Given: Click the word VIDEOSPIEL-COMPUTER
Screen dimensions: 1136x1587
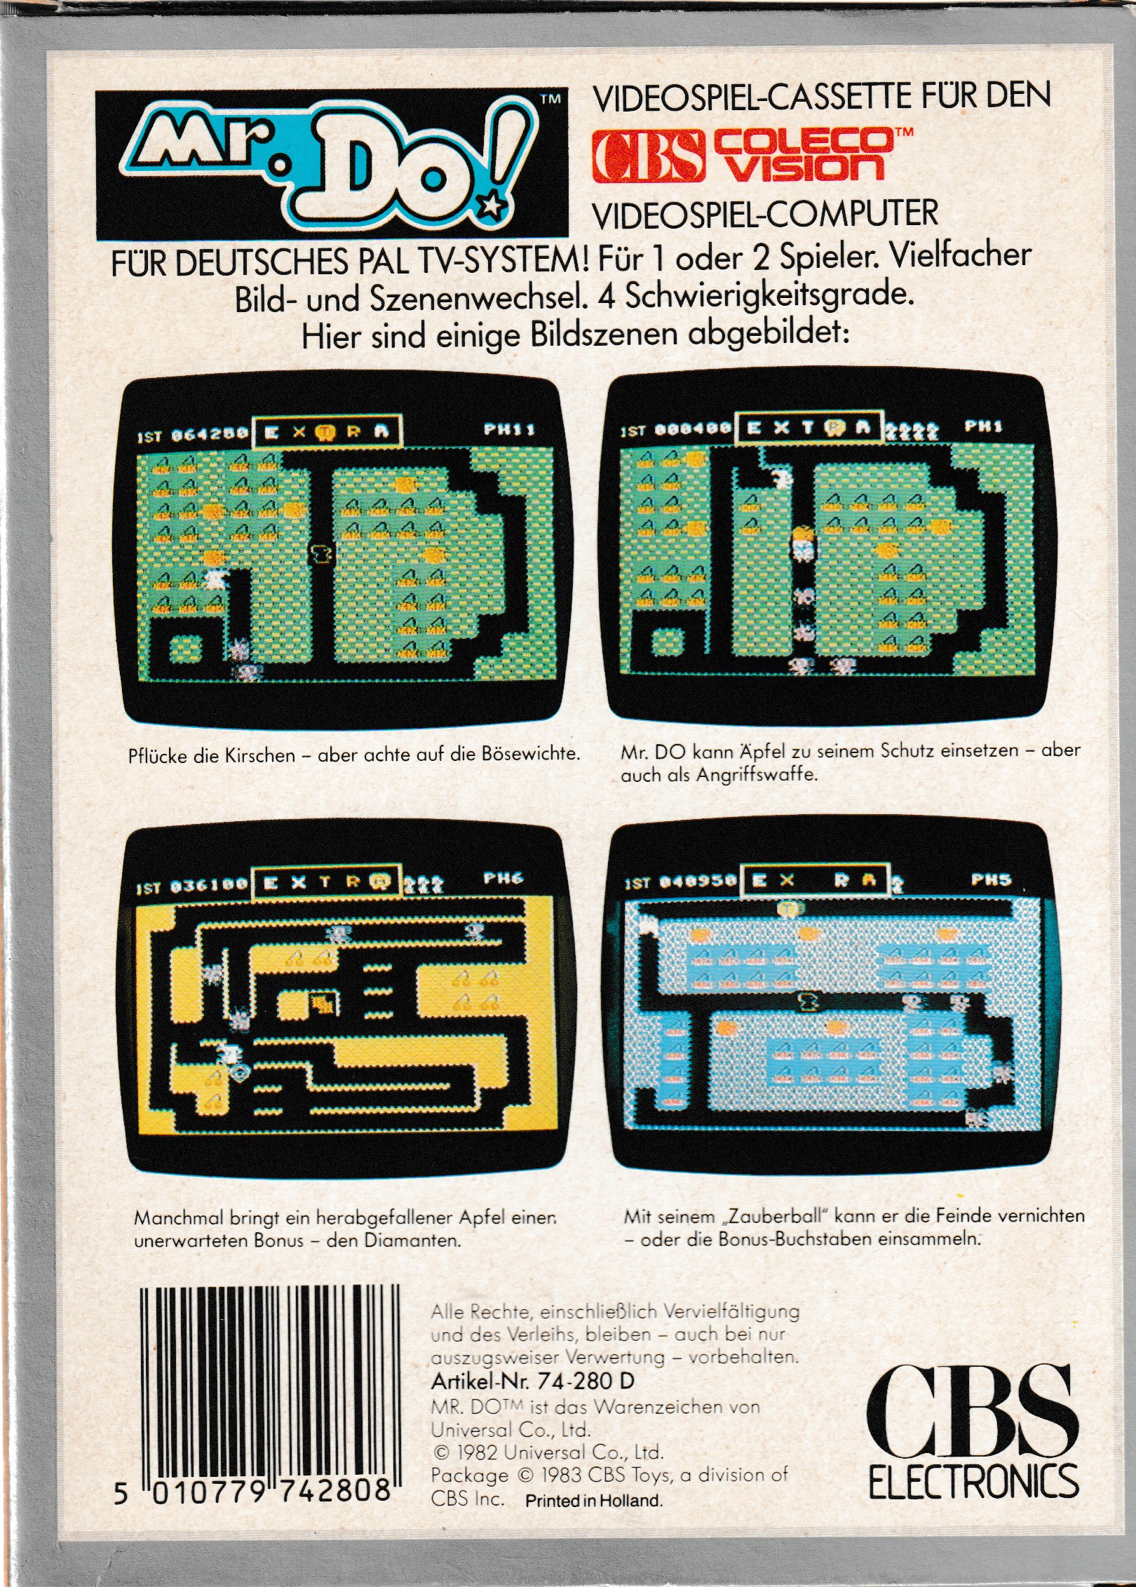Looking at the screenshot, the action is point(765,214).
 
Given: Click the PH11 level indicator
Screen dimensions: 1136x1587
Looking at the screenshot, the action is point(510,428).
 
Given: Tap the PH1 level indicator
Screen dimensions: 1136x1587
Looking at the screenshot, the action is point(984,426).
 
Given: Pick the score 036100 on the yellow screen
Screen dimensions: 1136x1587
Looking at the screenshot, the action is point(208,886).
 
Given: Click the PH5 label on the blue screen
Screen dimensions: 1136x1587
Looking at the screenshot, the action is point(992,879).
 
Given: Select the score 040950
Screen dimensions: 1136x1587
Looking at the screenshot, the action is point(698,882).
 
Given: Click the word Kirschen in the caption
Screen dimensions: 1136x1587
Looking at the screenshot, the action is point(259,755).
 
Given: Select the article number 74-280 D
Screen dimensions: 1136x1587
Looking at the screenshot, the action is point(586,1381).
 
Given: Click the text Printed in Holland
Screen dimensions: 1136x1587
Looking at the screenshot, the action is point(593,1501).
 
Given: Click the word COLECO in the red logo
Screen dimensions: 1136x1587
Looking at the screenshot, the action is point(804,140).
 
